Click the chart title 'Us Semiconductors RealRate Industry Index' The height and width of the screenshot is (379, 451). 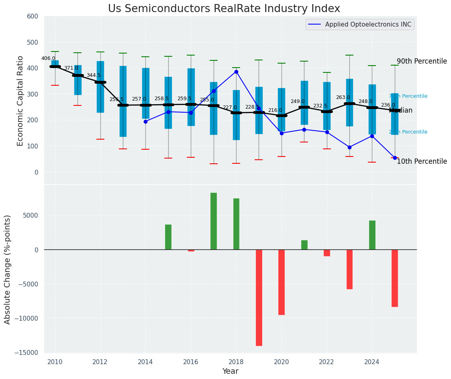click(224, 9)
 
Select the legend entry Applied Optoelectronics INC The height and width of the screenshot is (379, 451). click(368, 25)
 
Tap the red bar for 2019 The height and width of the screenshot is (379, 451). click(259, 297)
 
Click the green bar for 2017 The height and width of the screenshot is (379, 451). click(214, 221)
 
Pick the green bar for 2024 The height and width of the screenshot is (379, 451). click(372, 235)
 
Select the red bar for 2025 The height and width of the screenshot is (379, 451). click(395, 278)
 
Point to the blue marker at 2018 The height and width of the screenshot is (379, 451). click(236, 72)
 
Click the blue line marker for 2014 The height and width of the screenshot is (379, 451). click(145, 122)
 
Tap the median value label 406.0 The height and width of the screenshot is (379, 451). click(48, 58)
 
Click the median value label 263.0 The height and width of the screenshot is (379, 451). click(343, 97)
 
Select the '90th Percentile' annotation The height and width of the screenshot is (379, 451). click(422, 61)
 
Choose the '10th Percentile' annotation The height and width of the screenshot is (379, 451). click(422, 161)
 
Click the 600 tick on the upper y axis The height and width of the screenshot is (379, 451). click(33, 16)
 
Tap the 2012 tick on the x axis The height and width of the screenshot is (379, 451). click(100, 362)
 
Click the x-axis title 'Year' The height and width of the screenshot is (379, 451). click(230, 371)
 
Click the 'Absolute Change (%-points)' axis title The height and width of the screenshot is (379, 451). click(8, 269)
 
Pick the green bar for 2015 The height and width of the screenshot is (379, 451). click(168, 237)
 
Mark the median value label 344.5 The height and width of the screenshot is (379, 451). click(94, 75)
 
